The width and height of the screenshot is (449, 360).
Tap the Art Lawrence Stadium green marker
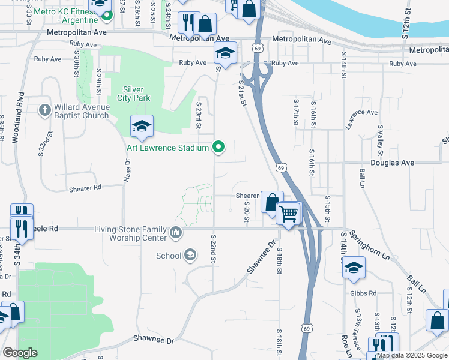point(219,147)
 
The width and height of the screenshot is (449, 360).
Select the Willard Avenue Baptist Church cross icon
point(44,110)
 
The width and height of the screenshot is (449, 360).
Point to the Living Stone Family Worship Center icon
point(175,232)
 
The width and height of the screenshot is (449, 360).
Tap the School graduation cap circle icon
point(190,256)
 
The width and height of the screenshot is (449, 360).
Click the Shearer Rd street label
point(85,187)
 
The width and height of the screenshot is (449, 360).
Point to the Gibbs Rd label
point(364,293)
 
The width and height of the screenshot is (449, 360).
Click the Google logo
point(20,353)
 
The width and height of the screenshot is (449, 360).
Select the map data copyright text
point(412,355)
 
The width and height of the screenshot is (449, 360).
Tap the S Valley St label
point(380,139)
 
